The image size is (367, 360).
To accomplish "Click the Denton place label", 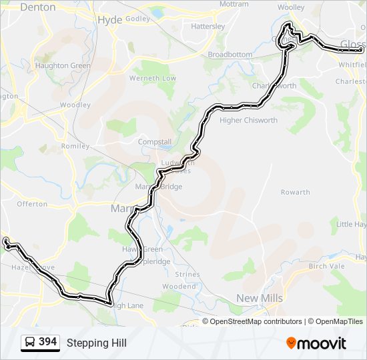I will [x=37, y=7].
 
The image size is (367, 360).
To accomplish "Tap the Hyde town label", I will [x=110, y=20].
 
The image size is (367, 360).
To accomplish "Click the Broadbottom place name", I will [x=230, y=55].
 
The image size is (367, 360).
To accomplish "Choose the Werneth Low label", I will [x=153, y=78].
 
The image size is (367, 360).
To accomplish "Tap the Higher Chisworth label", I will [x=248, y=120].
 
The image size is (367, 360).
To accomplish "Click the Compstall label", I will [x=154, y=142].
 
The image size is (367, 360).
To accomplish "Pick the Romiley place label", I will [x=75, y=145].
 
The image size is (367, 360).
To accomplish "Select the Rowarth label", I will [x=295, y=192].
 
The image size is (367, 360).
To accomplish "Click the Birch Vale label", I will [x=326, y=265].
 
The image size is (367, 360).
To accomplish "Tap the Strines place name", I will [x=188, y=274].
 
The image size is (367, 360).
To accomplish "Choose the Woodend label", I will [x=179, y=286].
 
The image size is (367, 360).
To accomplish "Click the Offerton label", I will [x=32, y=203].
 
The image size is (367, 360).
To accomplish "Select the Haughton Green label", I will [x=63, y=66].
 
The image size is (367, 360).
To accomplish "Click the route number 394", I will [x=48, y=342].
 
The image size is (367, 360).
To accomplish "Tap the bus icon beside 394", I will [x=30, y=343].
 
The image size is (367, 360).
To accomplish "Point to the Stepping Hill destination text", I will [x=96, y=343].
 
